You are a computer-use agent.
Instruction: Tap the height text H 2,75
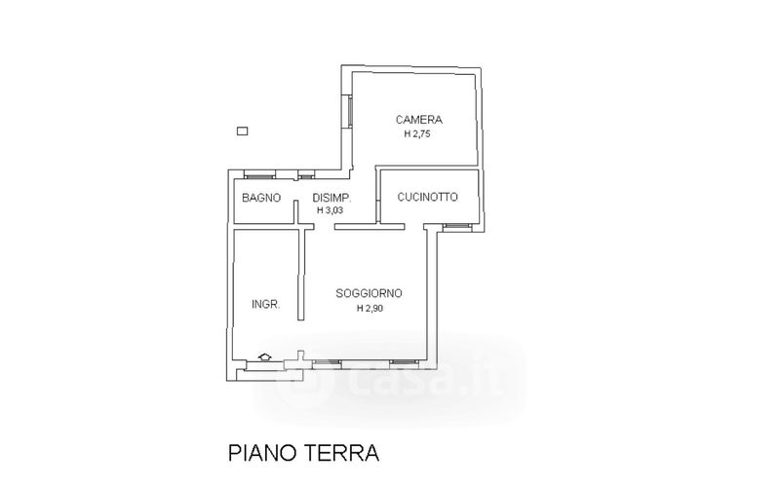[416, 134]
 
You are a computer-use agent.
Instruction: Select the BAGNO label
[261, 198]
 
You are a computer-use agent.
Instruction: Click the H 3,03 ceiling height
[331, 210]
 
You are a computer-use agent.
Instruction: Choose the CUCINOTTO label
[427, 197]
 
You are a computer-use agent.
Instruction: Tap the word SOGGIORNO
[369, 293]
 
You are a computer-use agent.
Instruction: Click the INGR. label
[266, 304]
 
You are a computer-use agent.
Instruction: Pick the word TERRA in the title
[340, 453]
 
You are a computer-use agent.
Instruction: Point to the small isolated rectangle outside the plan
[242, 131]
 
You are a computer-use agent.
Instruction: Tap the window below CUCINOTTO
[455, 226]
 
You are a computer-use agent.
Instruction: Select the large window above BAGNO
[258, 175]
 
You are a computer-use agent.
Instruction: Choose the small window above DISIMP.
[306, 175]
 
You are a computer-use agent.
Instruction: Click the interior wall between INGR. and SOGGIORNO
[302, 273]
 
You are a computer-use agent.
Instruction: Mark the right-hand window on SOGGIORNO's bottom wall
[403, 362]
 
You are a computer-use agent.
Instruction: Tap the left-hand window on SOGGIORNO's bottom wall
[327, 362]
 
